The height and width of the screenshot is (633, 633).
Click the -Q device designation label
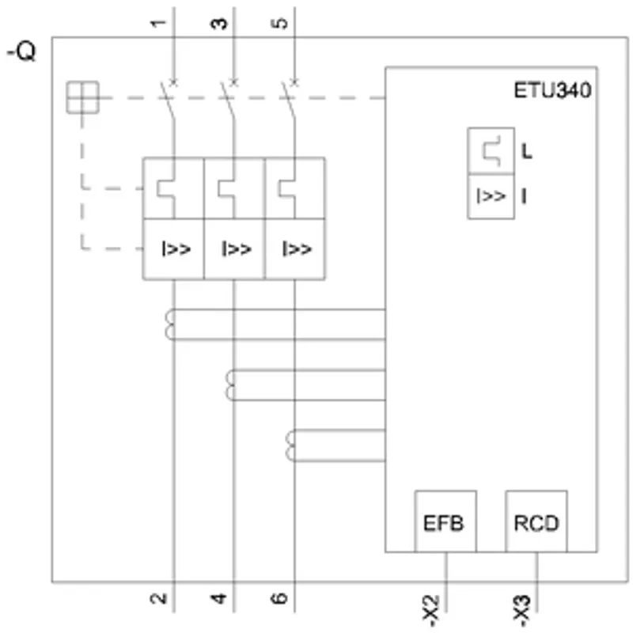coord(22,52)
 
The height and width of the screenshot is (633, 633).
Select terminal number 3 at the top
coord(219,23)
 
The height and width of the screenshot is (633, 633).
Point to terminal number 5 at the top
coord(279,23)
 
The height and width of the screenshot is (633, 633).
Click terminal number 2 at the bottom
coord(158,598)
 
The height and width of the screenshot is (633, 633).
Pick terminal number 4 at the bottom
coord(219,598)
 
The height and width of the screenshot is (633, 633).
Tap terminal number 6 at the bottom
coord(279,598)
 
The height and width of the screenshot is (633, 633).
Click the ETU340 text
coord(552,90)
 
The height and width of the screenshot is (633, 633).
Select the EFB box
coord(445,521)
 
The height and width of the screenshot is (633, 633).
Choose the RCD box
coord(536,521)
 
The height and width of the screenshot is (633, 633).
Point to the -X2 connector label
coord(430,610)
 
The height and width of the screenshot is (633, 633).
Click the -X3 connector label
coord(521,610)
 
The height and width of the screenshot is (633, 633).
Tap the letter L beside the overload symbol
coord(526,151)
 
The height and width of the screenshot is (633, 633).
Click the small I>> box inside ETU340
coord(491,196)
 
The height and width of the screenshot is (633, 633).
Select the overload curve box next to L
coord(491,151)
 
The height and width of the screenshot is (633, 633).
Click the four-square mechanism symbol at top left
coord(83,97)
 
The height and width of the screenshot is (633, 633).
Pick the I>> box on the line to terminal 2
coord(173,249)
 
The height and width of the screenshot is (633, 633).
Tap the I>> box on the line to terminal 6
coord(295,249)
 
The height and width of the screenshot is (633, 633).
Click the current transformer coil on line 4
coord(230,385)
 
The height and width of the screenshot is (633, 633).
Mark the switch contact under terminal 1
coord(169,100)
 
